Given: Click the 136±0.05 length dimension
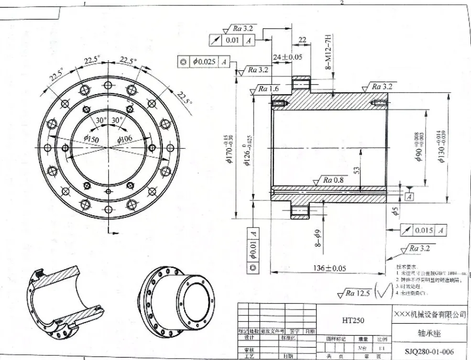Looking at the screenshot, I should click(329, 268).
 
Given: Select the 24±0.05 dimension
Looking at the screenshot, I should click(287, 57).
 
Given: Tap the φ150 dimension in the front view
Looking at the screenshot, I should click(90, 139).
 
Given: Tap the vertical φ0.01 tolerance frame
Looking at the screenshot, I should click(253, 251).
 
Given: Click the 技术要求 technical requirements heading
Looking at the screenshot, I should click(406, 266).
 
